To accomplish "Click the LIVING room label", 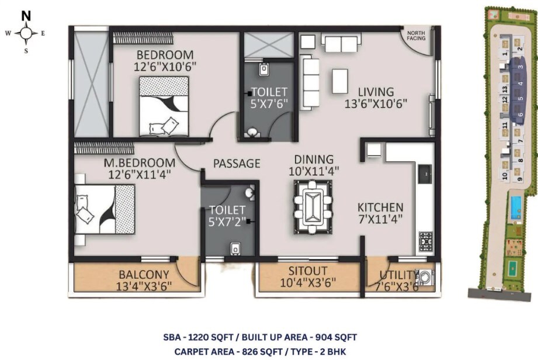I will coord(376,92).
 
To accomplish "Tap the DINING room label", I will coord(314,159).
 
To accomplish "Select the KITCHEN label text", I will coord(380,207).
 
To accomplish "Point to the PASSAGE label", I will coord(236,163).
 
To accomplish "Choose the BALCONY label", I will coord(144,274).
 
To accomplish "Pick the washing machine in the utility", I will coord(427,277).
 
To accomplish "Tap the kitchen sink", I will coord(425,172).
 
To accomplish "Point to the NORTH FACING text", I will coord(416,36).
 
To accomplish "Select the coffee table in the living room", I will coord(339,79).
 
